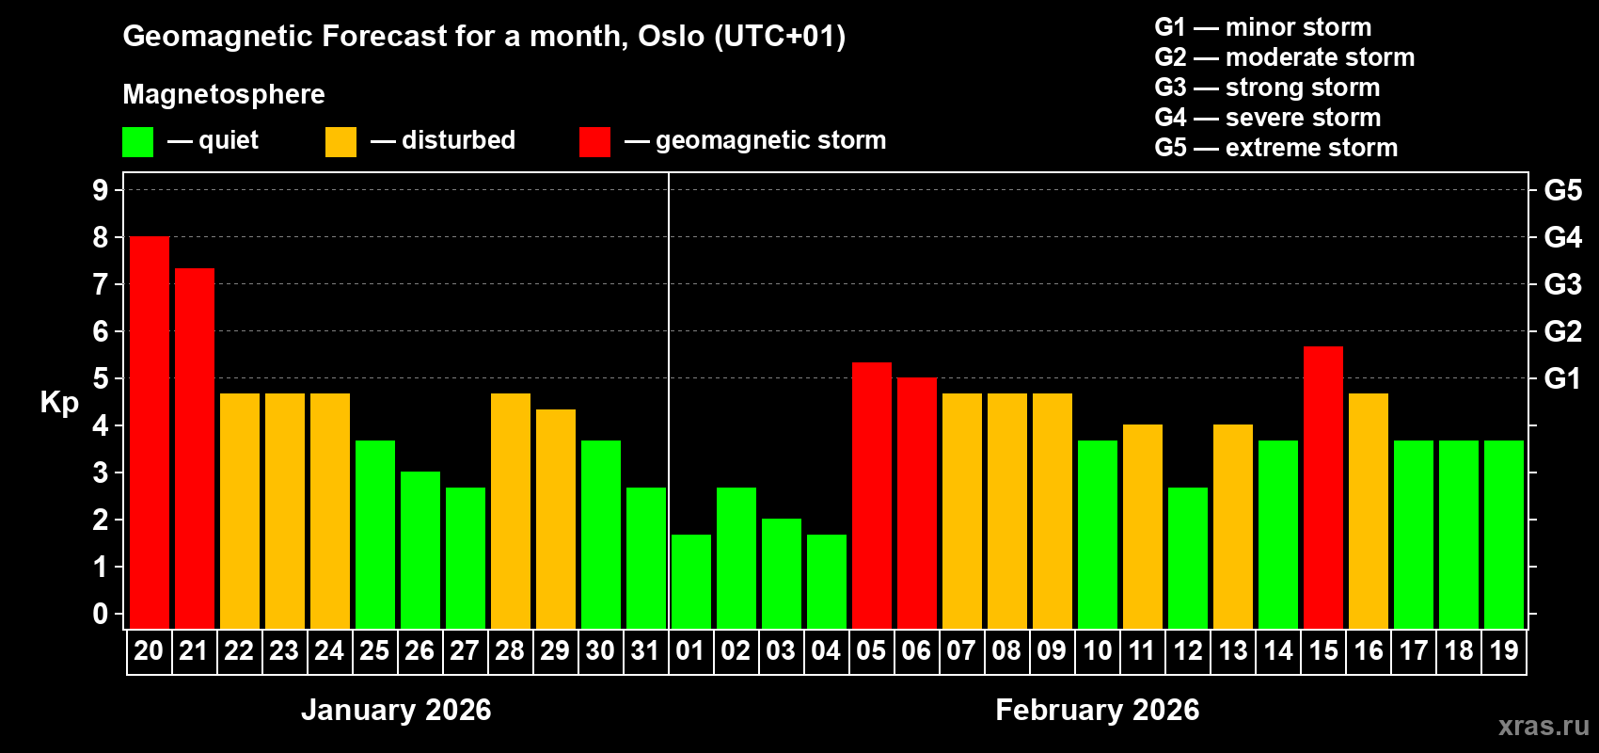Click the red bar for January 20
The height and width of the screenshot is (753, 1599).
(149, 433)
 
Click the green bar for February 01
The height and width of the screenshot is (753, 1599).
(691, 582)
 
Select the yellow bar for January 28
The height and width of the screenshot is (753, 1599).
(511, 511)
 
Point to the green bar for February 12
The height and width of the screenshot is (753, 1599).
(1188, 558)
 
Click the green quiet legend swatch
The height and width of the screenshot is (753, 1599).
(137, 142)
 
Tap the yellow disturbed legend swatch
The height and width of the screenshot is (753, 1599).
(340, 142)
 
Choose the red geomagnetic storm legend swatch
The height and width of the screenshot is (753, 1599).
(594, 142)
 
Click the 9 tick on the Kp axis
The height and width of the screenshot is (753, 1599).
(101, 190)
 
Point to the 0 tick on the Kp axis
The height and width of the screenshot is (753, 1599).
(101, 614)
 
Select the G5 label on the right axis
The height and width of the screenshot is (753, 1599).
(1562, 190)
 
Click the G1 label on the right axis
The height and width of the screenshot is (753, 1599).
(1562, 378)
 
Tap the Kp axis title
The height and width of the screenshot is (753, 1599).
(59, 403)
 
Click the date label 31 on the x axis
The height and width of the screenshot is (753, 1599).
(645, 650)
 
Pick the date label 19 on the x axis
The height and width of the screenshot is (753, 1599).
(1504, 650)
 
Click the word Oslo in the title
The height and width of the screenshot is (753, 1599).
(671, 36)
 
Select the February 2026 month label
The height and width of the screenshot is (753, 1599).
(1097, 710)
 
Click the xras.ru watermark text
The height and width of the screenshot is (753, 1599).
(1544, 726)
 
